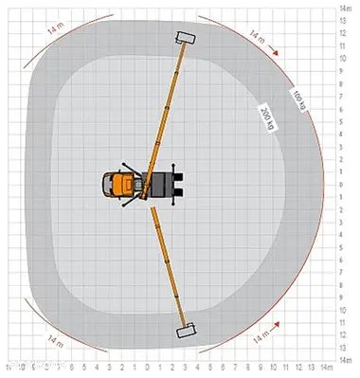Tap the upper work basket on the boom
[x=184, y=39]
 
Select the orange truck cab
[x=121, y=184]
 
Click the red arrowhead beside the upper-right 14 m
[x=279, y=54]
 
